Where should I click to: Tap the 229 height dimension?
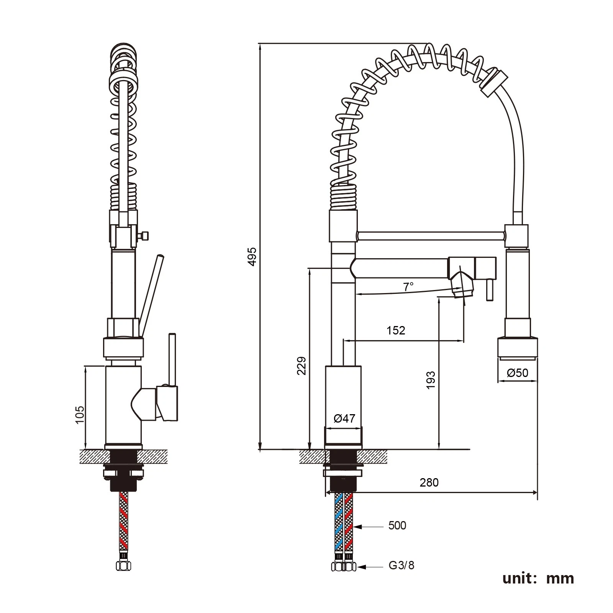pos(302,366)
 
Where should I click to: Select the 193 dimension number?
pos(431,380)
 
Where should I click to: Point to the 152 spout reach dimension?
pos(396,330)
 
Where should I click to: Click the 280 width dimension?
pos(429,482)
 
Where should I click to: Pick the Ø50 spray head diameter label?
pos(518,372)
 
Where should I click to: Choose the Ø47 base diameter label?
pos(344,418)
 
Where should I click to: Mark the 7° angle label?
pos(408,286)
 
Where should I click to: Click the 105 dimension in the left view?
pos(80,415)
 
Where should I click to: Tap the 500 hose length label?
pos(397,525)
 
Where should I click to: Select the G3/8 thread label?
pos(402,565)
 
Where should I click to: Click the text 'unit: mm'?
pos(538,578)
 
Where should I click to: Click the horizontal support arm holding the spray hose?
pos(431,236)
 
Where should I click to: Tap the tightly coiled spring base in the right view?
pos(343,197)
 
